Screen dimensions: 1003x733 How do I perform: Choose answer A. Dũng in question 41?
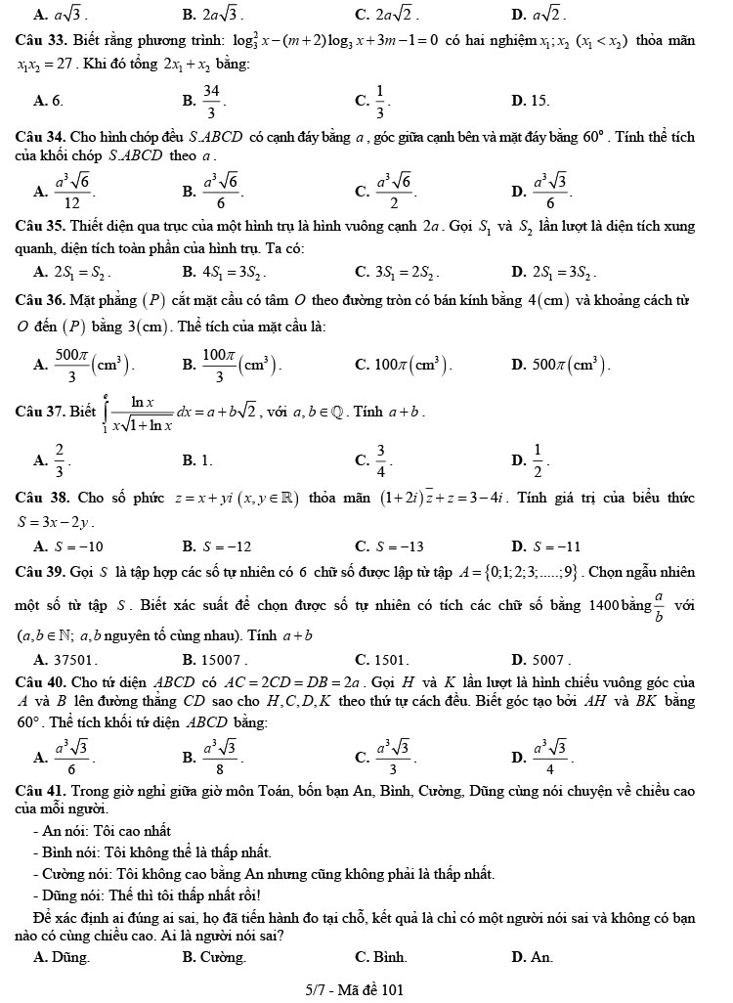(62, 957)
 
